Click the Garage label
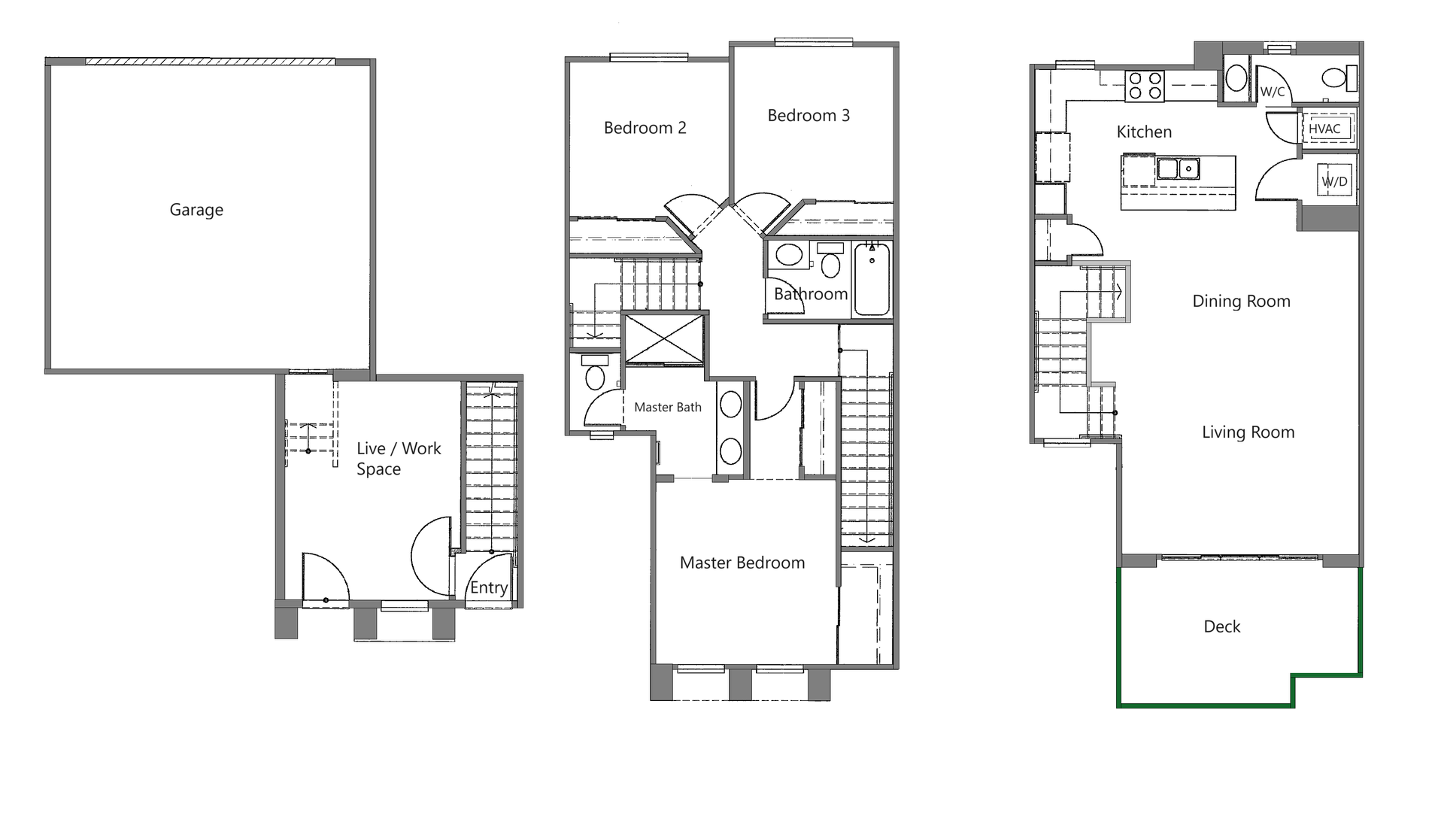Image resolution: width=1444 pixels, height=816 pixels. [196, 210]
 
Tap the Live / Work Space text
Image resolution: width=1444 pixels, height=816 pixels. [398, 458]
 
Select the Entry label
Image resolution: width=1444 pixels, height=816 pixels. [489, 587]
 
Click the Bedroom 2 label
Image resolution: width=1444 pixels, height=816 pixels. [645, 128]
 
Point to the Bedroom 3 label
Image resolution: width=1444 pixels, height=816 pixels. [808, 116]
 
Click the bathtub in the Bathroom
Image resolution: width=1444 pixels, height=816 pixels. [872, 279]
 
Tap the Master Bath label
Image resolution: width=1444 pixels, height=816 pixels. [667, 407]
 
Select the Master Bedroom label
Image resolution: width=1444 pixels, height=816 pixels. [742, 563]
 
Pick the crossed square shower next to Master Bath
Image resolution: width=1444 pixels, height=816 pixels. [665, 339]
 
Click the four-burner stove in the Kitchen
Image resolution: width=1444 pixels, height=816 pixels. [1145, 85]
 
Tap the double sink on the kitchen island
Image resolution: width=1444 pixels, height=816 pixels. [1178, 168]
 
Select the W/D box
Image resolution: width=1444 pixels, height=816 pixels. [1335, 181]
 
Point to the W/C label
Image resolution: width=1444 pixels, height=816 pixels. [1272, 92]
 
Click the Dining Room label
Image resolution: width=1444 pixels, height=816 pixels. [1241, 302]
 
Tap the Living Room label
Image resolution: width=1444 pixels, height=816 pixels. [1248, 432]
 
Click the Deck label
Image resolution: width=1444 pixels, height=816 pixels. [1221, 626]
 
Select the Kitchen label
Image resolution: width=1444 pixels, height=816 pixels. [1144, 132]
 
